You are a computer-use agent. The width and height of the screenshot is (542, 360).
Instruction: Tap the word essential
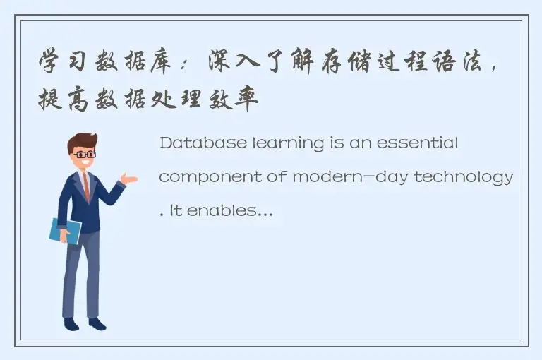(x=421, y=143)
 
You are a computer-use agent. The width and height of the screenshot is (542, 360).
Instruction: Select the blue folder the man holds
(x=64, y=231)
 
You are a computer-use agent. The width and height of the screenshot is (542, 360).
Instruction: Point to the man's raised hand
(x=129, y=179)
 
